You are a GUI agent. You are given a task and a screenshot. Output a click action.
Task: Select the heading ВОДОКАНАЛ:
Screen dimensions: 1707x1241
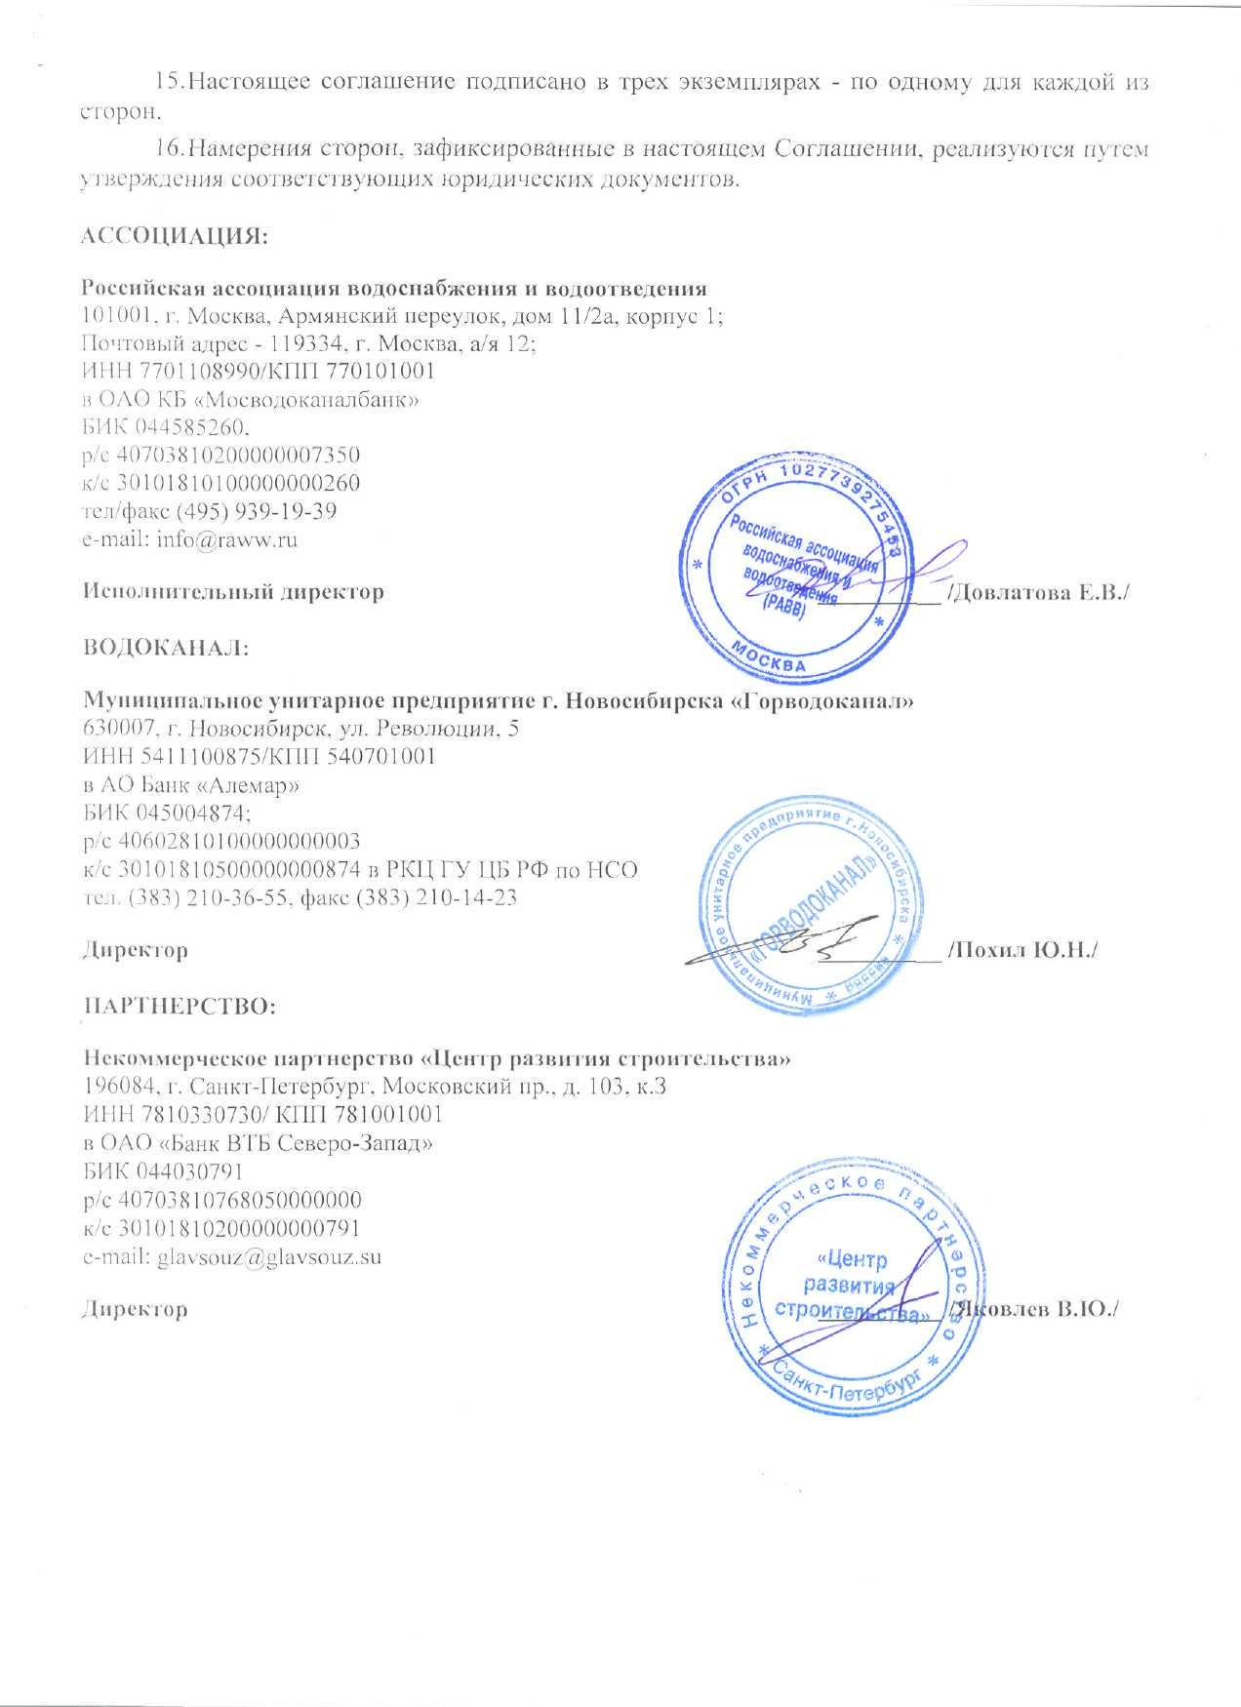pyautogui.click(x=166, y=649)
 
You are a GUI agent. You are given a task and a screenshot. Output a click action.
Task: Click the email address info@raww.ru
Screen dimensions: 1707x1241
pyautogui.click(x=226, y=538)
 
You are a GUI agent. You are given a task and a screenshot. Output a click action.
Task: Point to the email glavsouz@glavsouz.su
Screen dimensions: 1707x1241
pyautogui.click(x=268, y=1256)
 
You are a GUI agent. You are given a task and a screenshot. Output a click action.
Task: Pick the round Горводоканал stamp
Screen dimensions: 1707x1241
pyautogui.click(x=812, y=906)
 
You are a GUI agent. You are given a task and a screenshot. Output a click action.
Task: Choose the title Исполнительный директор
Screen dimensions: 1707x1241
pyautogui.click(x=232, y=591)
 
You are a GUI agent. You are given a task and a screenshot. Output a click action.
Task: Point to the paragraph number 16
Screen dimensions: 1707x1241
pyautogui.click(x=170, y=151)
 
